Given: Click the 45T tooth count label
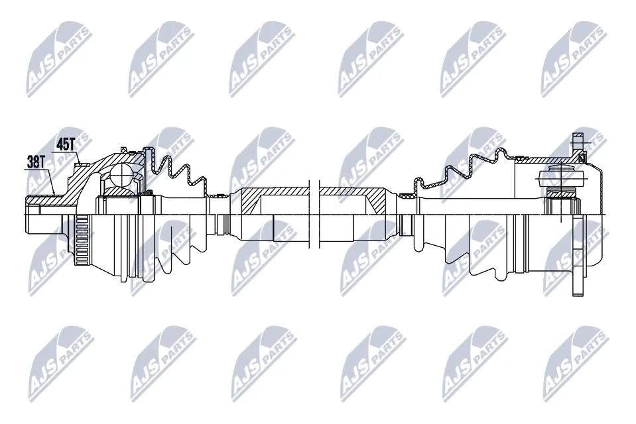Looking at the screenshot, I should [65, 143].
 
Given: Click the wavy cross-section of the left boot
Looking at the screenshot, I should [176, 174].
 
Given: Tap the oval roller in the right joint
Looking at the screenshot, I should [560, 178].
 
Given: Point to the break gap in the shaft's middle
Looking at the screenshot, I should [314, 212].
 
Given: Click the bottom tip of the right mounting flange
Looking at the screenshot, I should [576, 291].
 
